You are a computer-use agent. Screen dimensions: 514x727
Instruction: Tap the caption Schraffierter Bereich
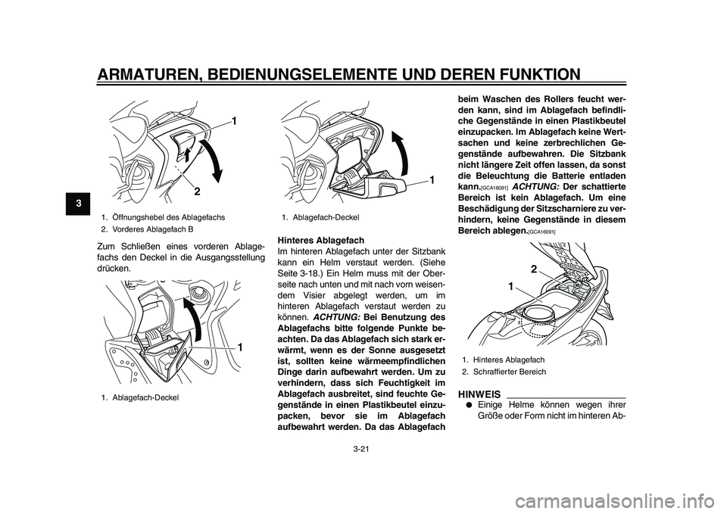pyautogui.click(x=509, y=372)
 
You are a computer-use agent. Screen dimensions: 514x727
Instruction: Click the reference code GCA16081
pyautogui.click(x=493, y=186)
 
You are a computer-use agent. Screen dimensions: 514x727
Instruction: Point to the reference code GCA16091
pyautogui.click(x=542, y=231)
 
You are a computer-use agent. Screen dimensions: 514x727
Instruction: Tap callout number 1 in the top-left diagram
pyautogui.click(x=234, y=121)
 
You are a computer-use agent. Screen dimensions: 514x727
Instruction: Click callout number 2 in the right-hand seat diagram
pyautogui.click(x=534, y=270)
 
